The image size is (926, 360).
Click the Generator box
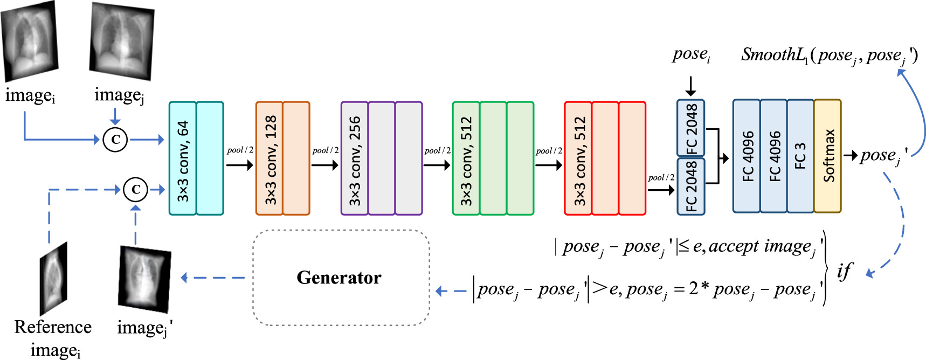(341, 278)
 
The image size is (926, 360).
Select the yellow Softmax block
(827, 156)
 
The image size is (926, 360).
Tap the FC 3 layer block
(800, 156)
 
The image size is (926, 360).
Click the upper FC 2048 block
(691, 128)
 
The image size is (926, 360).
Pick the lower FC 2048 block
(691, 186)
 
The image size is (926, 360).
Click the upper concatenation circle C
(115, 140)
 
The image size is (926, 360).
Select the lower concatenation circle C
(135, 190)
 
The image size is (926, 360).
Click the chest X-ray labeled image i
(30, 41)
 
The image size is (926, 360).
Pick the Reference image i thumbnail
(53, 279)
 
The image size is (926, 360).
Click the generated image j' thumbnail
(144, 279)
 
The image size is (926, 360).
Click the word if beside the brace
(845, 271)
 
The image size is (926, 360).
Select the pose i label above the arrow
(691, 55)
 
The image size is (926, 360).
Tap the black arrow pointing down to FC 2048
(690, 86)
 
